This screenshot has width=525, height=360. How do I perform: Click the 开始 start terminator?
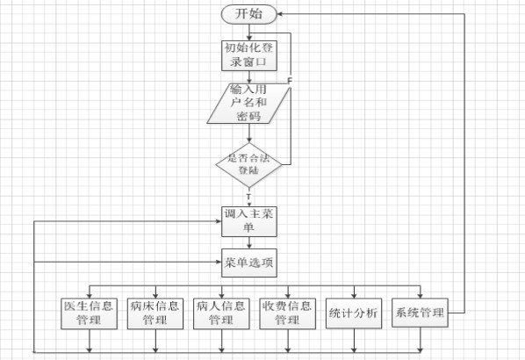coord(249,14)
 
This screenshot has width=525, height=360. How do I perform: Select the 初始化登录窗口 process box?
coord(249,55)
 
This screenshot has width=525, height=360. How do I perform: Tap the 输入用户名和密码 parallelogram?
coord(248,103)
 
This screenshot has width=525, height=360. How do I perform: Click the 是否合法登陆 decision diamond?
coord(249,165)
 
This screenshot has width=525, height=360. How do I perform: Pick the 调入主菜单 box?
coord(249,221)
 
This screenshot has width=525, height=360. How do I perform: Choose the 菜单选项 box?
coord(249,263)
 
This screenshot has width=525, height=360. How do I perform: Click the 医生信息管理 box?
coord(89,313)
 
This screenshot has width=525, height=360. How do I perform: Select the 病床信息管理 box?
coord(155,313)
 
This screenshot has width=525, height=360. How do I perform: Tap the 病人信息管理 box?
coord(221,313)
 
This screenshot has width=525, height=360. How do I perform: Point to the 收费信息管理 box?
coord(288,313)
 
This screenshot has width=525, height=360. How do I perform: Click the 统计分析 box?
coord(354,313)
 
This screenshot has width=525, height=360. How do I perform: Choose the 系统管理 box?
coord(420,313)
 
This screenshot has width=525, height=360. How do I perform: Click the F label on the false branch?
coord(290,81)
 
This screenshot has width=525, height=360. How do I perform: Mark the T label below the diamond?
coord(248,196)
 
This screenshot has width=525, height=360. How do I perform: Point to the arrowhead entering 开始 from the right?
coord(280,14)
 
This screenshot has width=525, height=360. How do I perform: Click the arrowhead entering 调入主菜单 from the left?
coord(219,221)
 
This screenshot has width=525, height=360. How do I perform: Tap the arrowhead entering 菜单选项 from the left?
coord(219,262)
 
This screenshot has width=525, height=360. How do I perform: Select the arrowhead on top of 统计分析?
coord(354,295)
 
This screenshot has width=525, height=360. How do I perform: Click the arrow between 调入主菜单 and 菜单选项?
coord(249,243)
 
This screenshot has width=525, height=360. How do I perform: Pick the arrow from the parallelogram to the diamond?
coord(249,133)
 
